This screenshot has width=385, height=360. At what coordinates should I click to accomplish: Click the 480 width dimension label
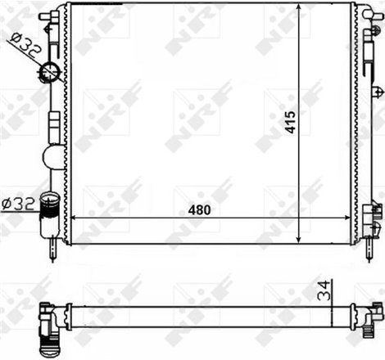(199, 209)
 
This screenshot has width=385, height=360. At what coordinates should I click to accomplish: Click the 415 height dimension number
(289, 123)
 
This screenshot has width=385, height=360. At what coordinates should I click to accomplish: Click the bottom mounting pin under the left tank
(52, 251)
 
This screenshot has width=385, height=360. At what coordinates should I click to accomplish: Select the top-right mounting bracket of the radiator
(365, 12)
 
